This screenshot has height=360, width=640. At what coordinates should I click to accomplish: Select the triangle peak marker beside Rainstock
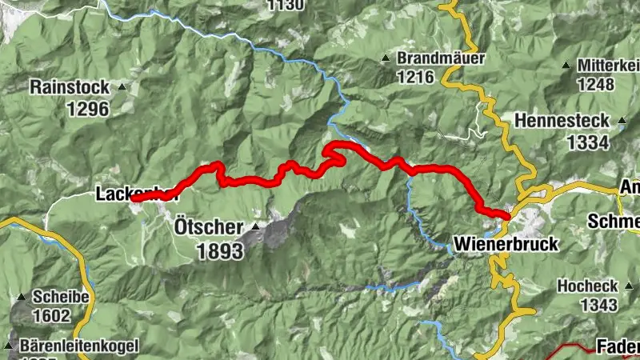(x=122, y=86)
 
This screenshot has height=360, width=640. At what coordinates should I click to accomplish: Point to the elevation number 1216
(x=414, y=78)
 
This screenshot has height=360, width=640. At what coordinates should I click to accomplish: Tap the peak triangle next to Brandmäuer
(x=386, y=59)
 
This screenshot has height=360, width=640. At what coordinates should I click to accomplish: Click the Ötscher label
(x=206, y=227)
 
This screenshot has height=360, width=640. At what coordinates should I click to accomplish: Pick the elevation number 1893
(x=219, y=250)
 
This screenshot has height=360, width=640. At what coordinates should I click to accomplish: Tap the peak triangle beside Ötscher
(x=254, y=227)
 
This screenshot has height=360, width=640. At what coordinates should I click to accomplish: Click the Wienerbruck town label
(x=494, y=242)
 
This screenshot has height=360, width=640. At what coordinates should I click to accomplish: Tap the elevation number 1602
(x=51, y=315)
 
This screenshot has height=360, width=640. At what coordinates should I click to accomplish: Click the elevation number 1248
(x=593, y=84)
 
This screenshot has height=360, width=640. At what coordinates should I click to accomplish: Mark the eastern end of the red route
(x=506, y=214)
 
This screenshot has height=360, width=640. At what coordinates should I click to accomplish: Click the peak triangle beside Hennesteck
(x=622, y=122)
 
